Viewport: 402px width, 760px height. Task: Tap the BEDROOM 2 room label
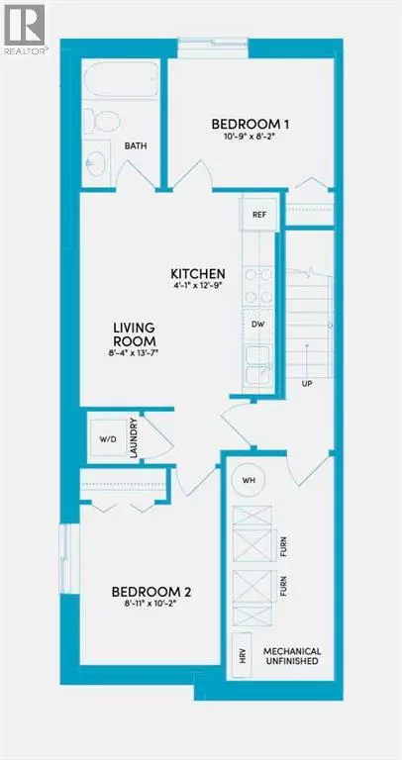pos(151,593)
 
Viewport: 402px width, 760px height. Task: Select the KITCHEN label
pos(198,274)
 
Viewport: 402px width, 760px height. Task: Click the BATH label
pos(136,146)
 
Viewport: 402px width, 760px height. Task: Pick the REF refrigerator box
pos(259,213)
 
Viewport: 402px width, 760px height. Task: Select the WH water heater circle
pos(249,480)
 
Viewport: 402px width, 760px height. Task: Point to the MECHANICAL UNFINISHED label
pos(290,656)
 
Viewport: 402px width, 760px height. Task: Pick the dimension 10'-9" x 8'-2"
pos(242,140)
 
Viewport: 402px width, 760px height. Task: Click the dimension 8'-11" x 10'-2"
pos(151,609)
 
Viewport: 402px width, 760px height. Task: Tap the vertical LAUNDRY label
pos(132,437)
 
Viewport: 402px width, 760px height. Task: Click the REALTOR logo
pos(24,26)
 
